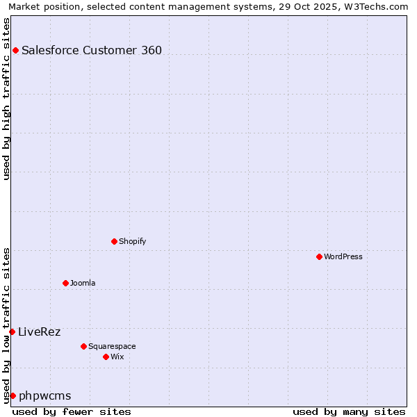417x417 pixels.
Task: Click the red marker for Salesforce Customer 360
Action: [x=15, y=50]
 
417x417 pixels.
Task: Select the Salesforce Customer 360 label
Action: [x=92, y=50]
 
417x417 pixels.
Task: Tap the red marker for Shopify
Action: [x=114, y=241]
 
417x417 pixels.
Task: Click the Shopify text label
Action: [x=132, y=241]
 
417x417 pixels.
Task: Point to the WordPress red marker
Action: [x=319, y=256]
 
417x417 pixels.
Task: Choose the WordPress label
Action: [x=343, y=256]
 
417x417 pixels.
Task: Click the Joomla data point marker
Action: [x=65, y=283]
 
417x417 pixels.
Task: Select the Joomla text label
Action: [x=83, y=283]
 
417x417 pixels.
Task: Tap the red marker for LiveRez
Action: [x=12, y=332]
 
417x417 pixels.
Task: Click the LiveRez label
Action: [x=40, y=332]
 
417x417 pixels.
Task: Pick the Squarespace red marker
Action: [x=83, y=346]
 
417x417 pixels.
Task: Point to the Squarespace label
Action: [x=112, y=346]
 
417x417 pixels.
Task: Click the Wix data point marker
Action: [x=106, y=357]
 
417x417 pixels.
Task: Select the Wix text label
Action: [x=117, y=357]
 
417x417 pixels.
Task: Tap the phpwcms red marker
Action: [x=13, y=395]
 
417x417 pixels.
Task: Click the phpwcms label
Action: [x=45, y=395]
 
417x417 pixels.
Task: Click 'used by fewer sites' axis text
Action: [x=72, y=411]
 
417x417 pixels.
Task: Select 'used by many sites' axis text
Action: [x=349, y=411]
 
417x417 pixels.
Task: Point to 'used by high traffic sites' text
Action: [x=6, y=99]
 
